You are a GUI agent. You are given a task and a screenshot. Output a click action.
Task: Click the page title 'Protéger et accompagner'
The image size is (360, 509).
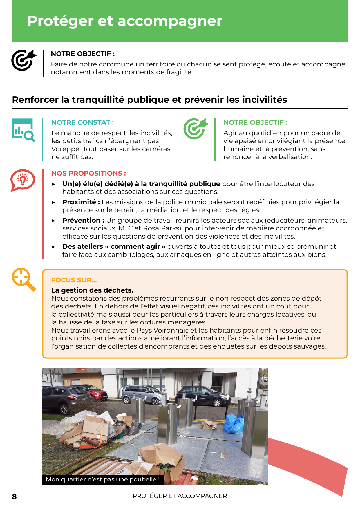coord(125,21)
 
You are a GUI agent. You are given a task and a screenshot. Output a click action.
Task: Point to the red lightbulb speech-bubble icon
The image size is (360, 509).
coord(23,180)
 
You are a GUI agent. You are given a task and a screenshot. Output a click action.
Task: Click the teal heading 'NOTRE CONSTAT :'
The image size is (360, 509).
coord(82,122)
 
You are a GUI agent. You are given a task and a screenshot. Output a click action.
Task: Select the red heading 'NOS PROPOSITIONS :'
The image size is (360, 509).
coord(88,173)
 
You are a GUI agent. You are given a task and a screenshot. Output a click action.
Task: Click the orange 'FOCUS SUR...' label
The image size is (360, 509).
coord(74,280)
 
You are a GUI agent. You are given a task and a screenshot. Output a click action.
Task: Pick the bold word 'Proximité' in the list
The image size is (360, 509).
coord(79,202)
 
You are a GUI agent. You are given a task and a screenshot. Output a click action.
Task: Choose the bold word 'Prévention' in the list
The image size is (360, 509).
coord(81,220)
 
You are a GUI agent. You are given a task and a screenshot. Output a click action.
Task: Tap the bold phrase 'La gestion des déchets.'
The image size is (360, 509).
coord(92,290)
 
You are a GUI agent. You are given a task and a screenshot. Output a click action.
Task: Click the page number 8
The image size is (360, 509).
coord(14,497)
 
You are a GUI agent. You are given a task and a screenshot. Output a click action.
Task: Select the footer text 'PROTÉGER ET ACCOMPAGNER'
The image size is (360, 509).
coord(180,496)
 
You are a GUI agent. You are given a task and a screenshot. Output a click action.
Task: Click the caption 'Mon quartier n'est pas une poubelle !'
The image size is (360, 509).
coord(103,479)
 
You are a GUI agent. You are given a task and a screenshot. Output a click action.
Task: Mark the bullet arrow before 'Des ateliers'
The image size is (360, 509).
coord(54,247)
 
